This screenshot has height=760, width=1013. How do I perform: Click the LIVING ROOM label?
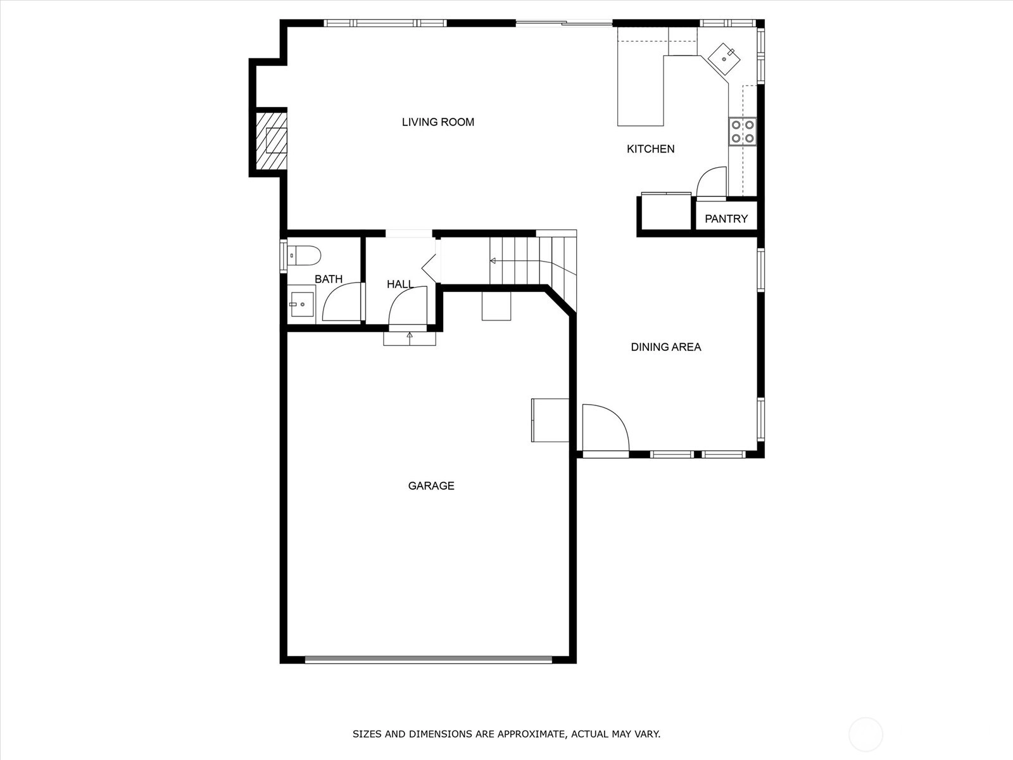437,122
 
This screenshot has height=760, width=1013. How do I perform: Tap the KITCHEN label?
650,149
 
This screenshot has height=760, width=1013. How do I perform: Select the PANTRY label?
726,218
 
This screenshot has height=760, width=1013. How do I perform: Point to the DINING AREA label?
665,347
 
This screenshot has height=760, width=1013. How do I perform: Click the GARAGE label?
431,486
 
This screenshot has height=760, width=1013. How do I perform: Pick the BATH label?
329,279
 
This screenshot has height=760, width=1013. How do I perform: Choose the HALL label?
400,284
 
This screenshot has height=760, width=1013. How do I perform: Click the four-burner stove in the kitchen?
743,132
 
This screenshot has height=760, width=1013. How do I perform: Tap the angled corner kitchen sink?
724,59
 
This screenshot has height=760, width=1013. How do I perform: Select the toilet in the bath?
304,256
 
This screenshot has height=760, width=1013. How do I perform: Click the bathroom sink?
301,304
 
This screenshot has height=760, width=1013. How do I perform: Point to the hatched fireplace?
272,140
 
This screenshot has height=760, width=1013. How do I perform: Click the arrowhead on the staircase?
493,261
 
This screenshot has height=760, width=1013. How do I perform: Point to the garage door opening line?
429,660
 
